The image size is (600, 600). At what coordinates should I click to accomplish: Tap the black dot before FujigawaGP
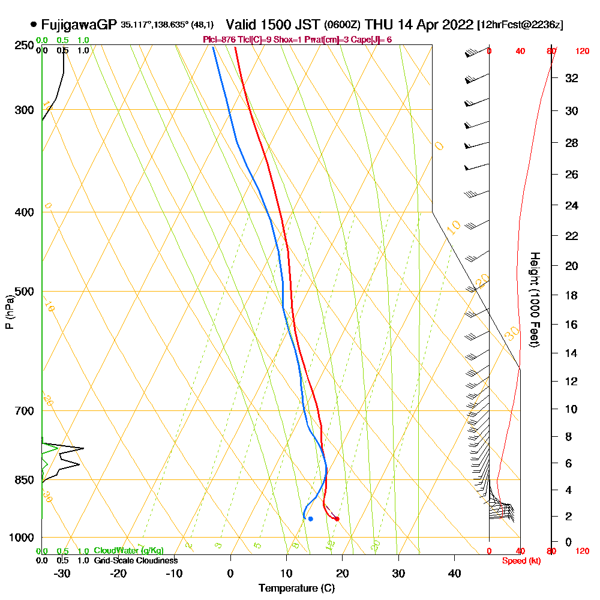33,25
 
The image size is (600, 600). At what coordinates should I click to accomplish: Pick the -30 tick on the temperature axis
62,573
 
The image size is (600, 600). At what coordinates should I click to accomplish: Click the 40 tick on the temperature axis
454,573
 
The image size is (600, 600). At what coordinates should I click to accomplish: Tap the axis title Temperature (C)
296,588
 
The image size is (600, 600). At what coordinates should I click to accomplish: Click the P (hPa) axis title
9,311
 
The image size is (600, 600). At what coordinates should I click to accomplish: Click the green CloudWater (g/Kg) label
128,550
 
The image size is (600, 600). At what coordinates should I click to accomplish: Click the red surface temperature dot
337,518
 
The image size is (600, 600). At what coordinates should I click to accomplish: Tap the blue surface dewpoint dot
310,518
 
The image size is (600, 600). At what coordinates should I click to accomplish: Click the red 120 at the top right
582,52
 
